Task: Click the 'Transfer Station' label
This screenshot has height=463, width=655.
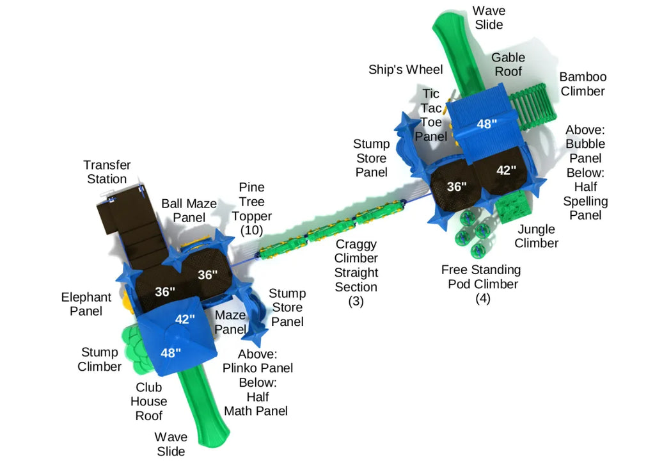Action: [x=107, y=172]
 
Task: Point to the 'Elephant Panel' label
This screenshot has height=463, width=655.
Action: [x=86, y=304]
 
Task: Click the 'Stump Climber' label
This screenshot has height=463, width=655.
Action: [x=99, y=359]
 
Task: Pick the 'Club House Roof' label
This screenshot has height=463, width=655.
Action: [x=148, y=402]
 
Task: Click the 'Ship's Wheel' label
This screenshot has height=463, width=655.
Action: [x=406, y=70]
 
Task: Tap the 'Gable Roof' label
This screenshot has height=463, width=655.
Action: [x=509, y=64]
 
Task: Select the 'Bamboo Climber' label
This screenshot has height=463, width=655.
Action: [x=582, y=84]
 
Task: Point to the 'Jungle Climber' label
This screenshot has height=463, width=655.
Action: [x=536, y=236]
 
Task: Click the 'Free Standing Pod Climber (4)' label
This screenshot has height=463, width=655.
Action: [x=483, y=284]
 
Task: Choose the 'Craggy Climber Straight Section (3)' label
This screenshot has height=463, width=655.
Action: [x=356, y=273]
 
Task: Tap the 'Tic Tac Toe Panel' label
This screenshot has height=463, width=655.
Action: [x=431, y=115]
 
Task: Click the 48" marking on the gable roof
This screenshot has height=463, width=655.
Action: [x=487, y=124]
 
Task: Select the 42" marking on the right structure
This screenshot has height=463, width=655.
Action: [x=506, y=170]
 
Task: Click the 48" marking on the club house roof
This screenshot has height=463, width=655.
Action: [x=170, y=352]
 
